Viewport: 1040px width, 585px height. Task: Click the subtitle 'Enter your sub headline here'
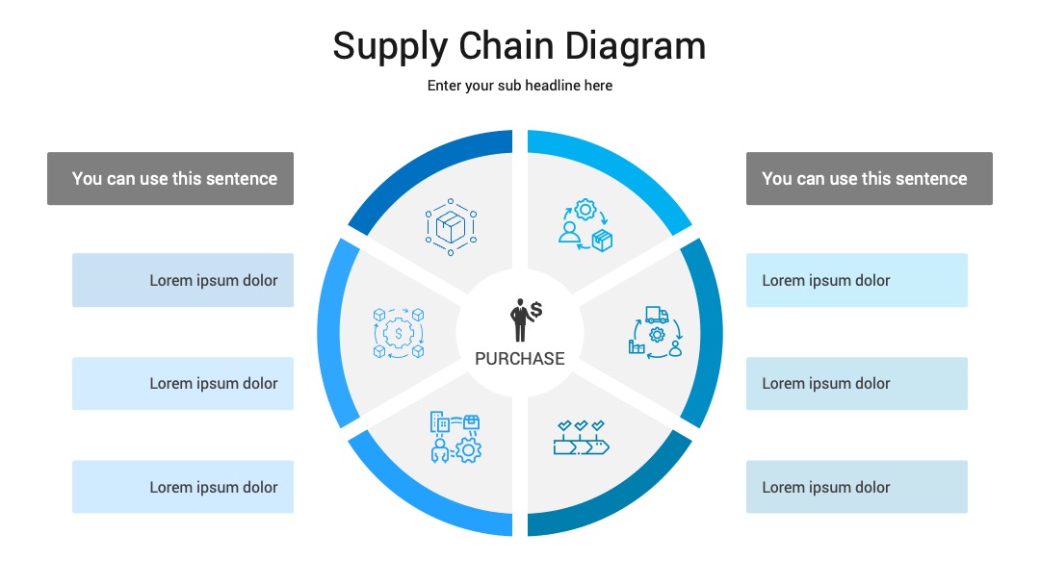click(519, 86)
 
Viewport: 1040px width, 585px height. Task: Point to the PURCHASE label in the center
click(520, 359)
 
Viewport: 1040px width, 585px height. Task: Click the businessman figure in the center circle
click(520, 320)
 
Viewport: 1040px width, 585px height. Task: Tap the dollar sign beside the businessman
click(536, 309)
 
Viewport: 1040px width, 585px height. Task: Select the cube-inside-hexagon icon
click(451, 227)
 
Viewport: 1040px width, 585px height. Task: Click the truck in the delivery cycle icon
click(657, 315)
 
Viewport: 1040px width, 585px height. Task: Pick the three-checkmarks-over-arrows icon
click(581, 437)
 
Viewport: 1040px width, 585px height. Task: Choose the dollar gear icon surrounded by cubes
click(399, 333)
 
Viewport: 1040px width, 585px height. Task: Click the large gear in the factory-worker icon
click(469, 450)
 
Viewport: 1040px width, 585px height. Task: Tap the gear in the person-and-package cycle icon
click(585, 210)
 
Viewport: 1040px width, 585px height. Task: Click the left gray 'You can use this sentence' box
click(170, 178)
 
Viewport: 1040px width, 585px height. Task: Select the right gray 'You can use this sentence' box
click(869, 178)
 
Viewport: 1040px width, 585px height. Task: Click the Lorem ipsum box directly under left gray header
click(183, 280)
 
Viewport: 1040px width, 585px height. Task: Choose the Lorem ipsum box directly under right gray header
click(857, 280)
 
